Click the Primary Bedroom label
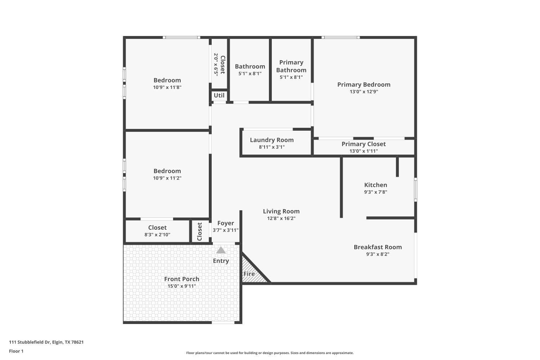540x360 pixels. pos(364,85)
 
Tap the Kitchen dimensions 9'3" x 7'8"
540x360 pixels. pos(375,192)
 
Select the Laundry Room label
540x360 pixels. pos(271,140)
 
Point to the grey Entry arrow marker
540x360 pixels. pos(221,250)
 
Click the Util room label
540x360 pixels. pos(219,95)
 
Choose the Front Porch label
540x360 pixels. pos(181,279)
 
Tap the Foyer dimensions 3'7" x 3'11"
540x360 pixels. pos(225,230)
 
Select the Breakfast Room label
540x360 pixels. pos(378,247)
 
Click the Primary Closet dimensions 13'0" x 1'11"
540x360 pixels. pos(364,151)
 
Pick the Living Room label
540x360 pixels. pos(281,211)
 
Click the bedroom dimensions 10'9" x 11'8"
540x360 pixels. pos(167,87)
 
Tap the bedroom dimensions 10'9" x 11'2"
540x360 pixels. pos(167,178)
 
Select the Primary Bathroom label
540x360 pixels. pos(291,66)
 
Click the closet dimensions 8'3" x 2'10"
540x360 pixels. pos(157,235)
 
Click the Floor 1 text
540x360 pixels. pos(16,351)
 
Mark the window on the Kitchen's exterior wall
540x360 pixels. pos(415,189)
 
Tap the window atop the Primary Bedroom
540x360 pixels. pos(341,37)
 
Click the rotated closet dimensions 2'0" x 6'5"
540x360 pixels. pos(216,65)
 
